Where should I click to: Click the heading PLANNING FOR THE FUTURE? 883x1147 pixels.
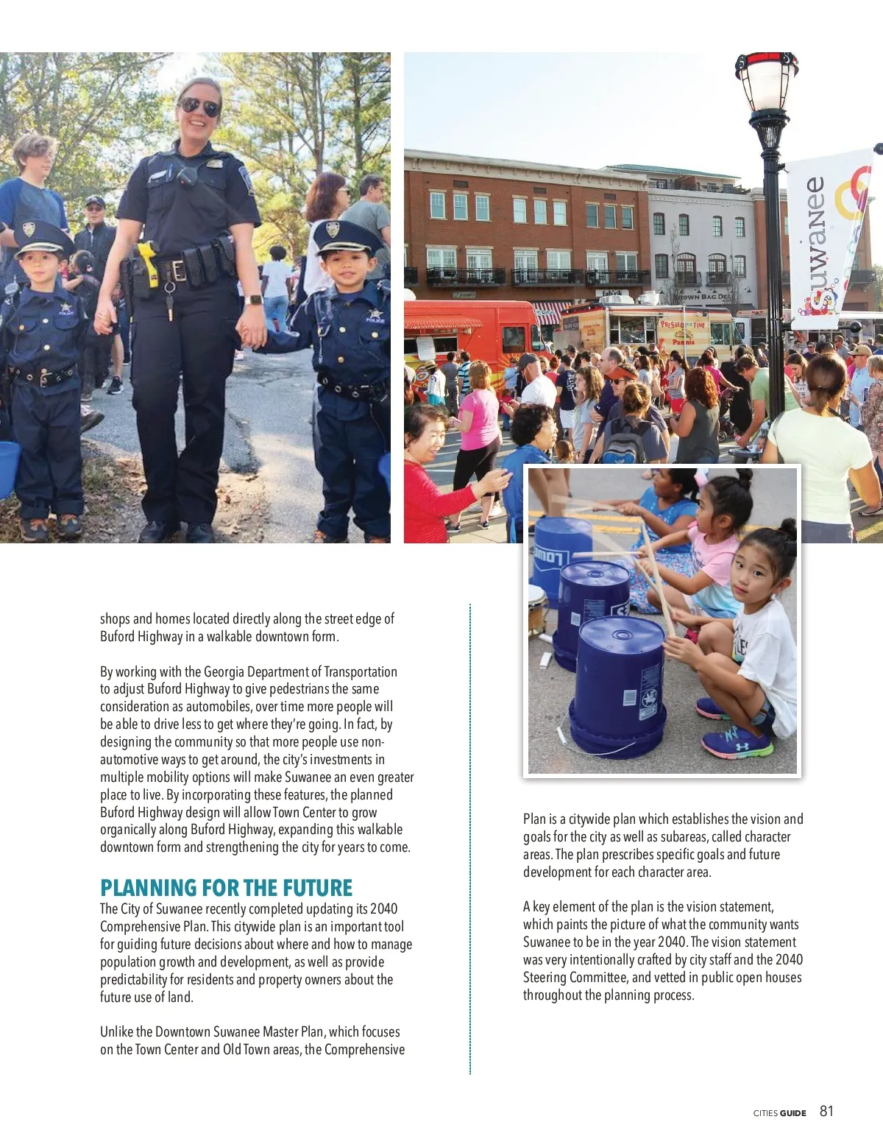[x=226, y=887]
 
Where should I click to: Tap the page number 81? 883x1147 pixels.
[x=826, y=1111]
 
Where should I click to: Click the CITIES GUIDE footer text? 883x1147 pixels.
[x=779, y=1113]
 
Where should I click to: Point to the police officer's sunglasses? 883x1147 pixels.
[x=199, y=106]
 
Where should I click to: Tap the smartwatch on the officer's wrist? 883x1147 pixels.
[x=255, y=300]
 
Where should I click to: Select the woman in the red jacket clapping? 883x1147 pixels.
[x=434, y=479]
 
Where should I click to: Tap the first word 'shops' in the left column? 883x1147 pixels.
[x=114, y=618]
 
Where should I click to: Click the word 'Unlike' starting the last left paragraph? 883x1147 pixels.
[x=116, y=1031]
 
